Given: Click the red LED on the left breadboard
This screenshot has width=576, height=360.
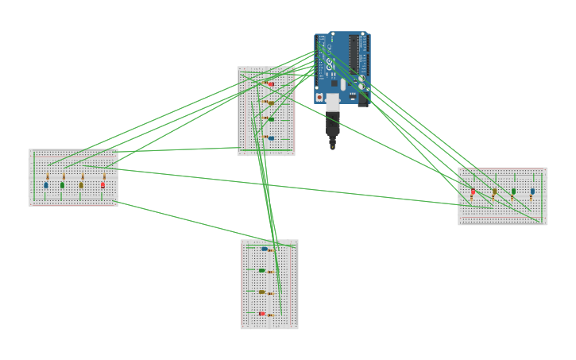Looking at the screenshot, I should (102, 185).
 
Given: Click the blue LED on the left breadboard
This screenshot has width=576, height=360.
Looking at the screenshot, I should (45, 185).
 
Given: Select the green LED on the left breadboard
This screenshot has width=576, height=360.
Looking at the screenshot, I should (62, 185).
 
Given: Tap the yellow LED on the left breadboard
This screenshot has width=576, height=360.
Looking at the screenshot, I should (81, 185).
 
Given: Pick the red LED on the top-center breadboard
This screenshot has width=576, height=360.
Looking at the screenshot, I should (270, 83).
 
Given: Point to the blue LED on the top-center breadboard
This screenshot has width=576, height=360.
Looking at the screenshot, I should (271, 138).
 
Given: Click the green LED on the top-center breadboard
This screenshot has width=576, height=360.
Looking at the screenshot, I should (271, 119).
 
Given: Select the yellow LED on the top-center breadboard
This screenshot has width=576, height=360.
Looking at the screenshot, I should (271, 103).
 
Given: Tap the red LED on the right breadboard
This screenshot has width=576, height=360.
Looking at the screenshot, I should (473, 192).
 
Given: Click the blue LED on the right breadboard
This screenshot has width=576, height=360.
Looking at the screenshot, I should (532, 191).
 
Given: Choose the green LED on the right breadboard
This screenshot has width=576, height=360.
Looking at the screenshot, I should (513, 191).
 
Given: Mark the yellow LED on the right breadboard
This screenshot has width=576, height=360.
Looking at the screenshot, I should (494, 191).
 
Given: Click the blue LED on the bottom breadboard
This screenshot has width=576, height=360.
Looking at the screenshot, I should (264, 249).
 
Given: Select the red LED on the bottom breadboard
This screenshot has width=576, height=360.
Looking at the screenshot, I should (261, 313).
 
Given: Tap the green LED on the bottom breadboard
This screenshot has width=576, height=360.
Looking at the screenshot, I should (261, 270).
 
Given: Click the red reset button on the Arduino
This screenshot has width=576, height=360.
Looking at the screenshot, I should (320, 98).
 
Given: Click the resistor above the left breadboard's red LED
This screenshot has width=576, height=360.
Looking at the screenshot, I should (103, 176).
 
